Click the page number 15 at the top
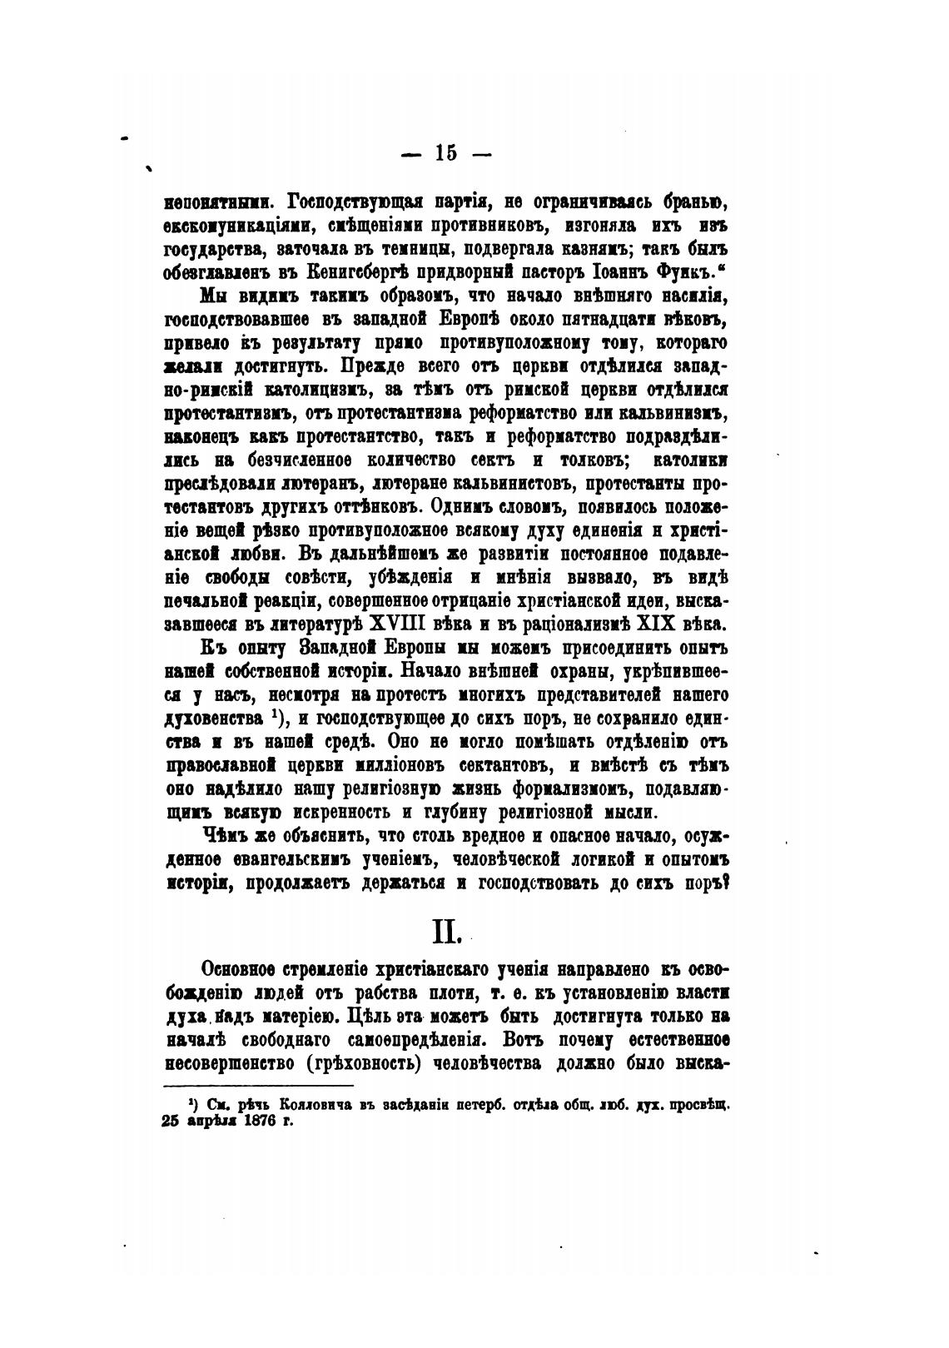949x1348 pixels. pyautogui.click(x=445, y=152)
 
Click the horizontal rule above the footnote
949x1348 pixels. pyautogui.click(x=259, y=1086)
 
